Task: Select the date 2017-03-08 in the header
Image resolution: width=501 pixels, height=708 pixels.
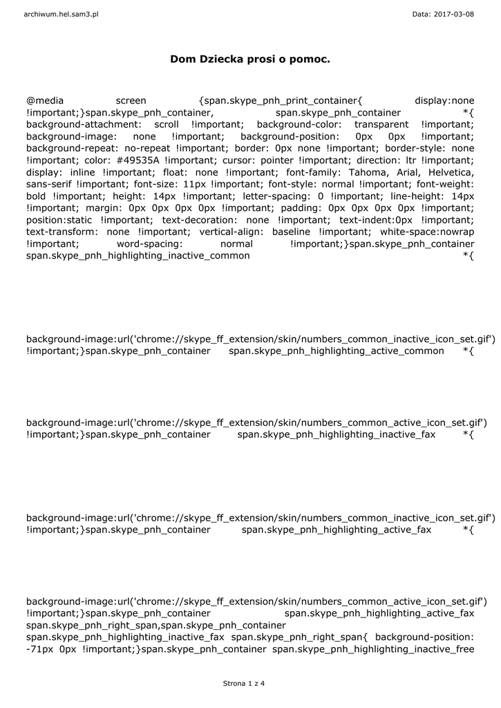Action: click(453, 14)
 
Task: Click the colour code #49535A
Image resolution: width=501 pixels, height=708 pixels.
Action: click(138, 159)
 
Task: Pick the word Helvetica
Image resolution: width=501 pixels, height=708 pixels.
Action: click(450, 171)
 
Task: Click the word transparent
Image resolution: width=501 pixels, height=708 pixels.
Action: click(381, 124)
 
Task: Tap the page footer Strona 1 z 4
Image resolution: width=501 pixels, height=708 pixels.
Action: click(244, 684)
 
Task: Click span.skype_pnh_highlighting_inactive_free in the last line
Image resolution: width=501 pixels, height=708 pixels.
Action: click(373, 649)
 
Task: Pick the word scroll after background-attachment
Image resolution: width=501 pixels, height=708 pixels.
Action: click(166, 124)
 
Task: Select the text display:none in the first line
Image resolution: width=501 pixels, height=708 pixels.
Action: click(444, 100)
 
